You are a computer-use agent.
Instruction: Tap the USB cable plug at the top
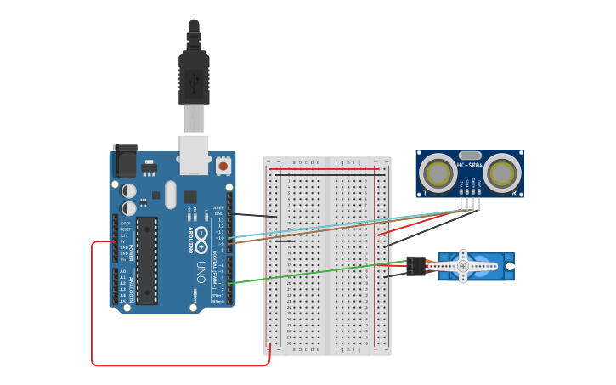(194, 76)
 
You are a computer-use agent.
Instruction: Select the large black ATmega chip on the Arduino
(147, 260)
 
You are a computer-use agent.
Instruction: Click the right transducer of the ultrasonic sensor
(501, 173)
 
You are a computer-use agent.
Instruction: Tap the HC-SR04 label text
(470, 165)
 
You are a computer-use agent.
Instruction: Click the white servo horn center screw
(463, 265)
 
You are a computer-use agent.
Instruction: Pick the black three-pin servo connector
(415, 266)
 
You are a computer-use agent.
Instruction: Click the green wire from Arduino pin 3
(314, 272)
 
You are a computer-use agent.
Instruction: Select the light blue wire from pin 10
(340, 225)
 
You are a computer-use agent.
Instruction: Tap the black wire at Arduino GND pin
(255, 216)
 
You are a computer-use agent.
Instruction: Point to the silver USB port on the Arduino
(194, 148)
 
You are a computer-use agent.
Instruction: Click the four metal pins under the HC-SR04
(470, 202)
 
